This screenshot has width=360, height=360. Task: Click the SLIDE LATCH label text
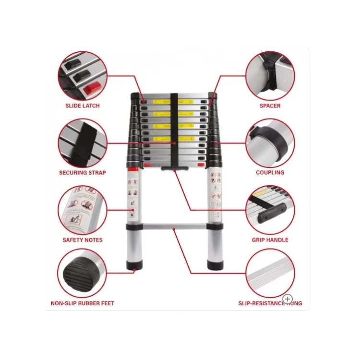click(x=83, y=106)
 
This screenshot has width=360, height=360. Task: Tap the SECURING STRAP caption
click(x=83, y=172)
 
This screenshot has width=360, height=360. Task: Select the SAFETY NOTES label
click(x=83, y=240)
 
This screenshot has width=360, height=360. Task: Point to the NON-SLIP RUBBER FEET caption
click(x=83, y=303)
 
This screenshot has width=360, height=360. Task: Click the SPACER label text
click(x=270, y=106)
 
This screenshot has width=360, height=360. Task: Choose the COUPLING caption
click(x=270, y=172)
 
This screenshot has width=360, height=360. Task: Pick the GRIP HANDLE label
click(x=270, y=240)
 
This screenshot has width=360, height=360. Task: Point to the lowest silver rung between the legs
click(x=174, y=226)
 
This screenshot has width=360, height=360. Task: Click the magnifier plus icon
click(x=288, y=299)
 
